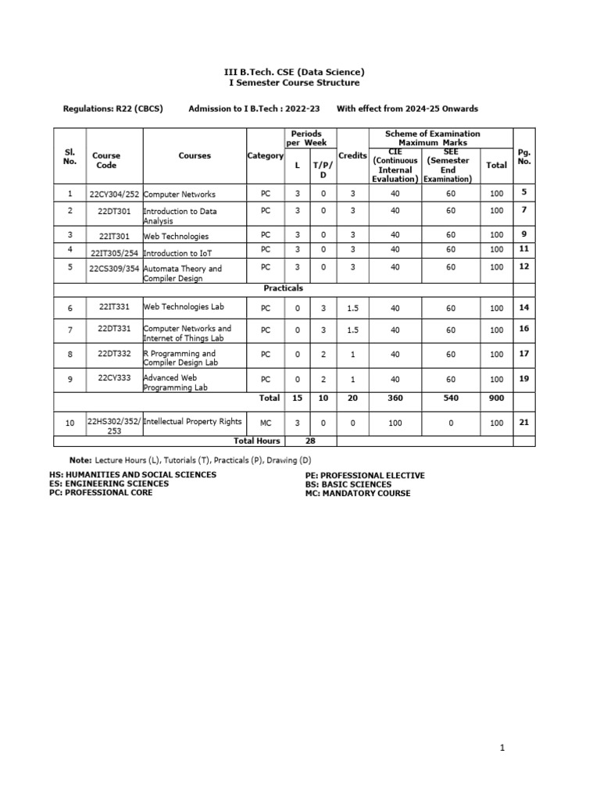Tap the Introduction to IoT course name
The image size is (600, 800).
177,253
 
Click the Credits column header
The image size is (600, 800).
352,155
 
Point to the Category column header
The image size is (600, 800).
265,155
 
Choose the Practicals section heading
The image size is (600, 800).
283,288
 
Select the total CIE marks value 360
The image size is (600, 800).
395,398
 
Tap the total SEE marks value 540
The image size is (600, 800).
451,398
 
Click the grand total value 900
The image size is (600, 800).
496,398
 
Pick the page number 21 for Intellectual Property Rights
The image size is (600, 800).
524,422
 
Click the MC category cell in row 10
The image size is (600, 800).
265,423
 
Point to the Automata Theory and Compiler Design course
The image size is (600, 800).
182,273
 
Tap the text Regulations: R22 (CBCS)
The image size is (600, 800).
112,109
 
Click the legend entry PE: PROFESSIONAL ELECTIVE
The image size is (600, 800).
365,475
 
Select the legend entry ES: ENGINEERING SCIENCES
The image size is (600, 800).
109,484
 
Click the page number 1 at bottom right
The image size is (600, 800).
502,748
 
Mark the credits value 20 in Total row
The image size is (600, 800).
352,398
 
